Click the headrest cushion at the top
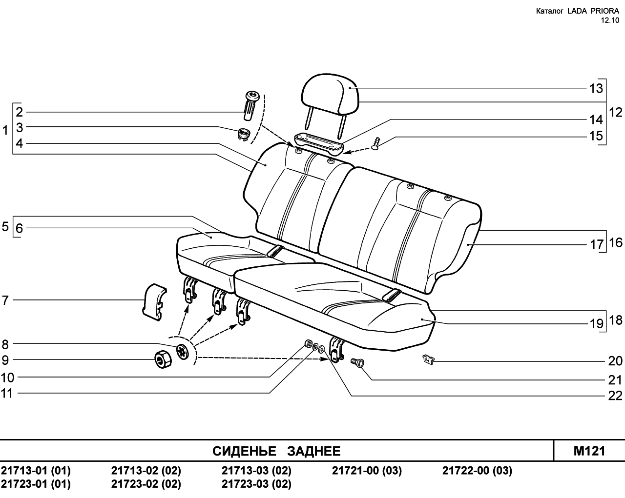coord(330,94)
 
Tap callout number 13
coord(596,88)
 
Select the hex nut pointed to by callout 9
coord(162,359)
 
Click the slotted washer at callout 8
coord(183,352)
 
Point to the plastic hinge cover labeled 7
coord(154,302)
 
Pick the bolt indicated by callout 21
coord(357,362)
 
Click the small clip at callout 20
coord(428,359)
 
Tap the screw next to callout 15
coord(376,144)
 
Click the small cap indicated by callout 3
coord(244,134)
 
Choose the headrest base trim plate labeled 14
coord(319,144)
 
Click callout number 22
coord(615,396)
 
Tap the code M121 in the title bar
coord(589,451)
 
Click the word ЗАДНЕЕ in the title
coord(314,451)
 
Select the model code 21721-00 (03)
coord(367,471)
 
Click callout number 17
coord(597,245)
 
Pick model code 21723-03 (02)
coord(256,484)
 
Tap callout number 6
coord(19,228)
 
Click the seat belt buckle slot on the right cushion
coord(392,295)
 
